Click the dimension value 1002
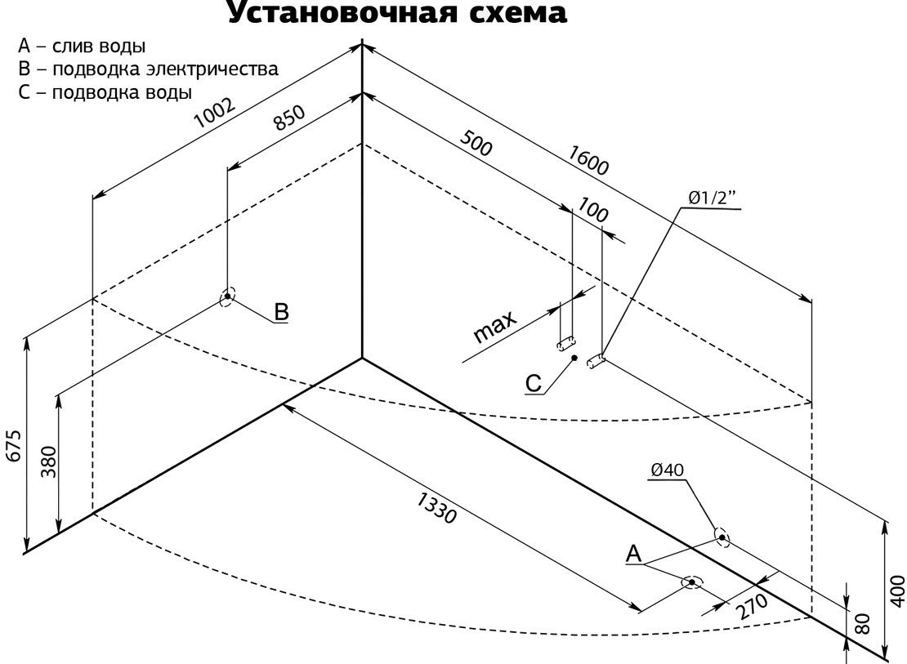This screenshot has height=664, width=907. coord(215,115)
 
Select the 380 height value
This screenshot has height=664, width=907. coord(47,463)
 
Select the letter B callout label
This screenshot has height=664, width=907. coord(280,311)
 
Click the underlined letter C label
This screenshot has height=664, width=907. coord(533,383)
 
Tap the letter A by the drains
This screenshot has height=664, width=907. coord(633,554)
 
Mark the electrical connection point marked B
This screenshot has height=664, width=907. coord(226,296)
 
